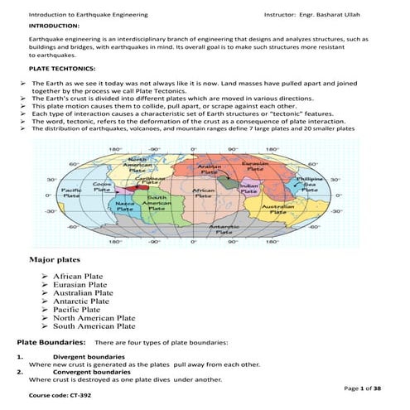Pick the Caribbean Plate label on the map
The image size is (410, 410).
156,179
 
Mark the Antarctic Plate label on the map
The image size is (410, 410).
224,230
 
